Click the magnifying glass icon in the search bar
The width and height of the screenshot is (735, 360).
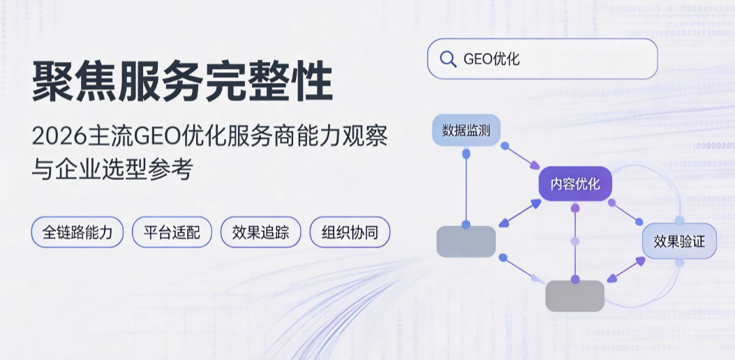click(448, 59)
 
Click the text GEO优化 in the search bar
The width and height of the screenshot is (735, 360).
click(491, 59)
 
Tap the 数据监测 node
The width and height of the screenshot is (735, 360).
click(466, 130)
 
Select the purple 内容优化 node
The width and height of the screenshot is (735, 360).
click(575, 183)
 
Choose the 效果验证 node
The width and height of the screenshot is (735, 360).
click(679, 241)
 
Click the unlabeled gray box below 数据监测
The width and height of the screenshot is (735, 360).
click(466, 242)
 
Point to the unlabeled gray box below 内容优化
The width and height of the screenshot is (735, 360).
click(575, 296)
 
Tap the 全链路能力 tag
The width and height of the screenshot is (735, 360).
click(77, 232)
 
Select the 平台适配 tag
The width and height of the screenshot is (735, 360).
click(172, 232)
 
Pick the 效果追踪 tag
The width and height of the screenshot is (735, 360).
click(260, 232)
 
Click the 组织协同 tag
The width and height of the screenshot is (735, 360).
click(350, 232)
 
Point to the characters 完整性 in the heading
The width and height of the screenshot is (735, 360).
click(269, 82)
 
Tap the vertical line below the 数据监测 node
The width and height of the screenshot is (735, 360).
click(466, 189)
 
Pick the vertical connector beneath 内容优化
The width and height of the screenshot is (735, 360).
click(575, 243)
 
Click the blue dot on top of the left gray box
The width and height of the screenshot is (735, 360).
click(466, 225)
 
